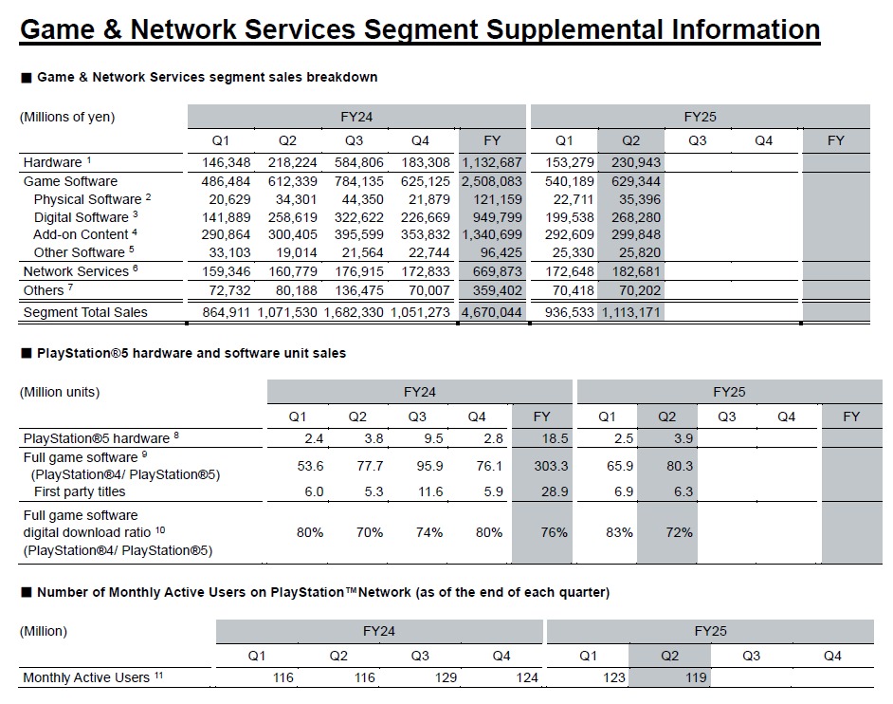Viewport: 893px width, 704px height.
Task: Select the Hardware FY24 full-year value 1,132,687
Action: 492,162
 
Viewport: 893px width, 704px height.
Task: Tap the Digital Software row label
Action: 80,217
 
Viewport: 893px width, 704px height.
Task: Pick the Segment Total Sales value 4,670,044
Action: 492,312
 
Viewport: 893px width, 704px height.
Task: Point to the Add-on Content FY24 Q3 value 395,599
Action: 359,234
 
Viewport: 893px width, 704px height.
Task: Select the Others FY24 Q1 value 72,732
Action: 227,289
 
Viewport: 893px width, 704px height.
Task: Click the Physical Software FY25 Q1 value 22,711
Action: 570,199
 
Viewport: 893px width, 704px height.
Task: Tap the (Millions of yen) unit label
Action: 67,118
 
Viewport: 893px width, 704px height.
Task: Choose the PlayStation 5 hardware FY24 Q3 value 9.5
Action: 418,437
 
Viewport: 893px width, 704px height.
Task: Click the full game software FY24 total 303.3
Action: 542,466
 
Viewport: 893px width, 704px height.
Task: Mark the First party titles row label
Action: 80,491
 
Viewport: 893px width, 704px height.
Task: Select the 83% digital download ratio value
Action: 619,532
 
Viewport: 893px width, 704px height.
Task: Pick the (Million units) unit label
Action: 59,392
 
